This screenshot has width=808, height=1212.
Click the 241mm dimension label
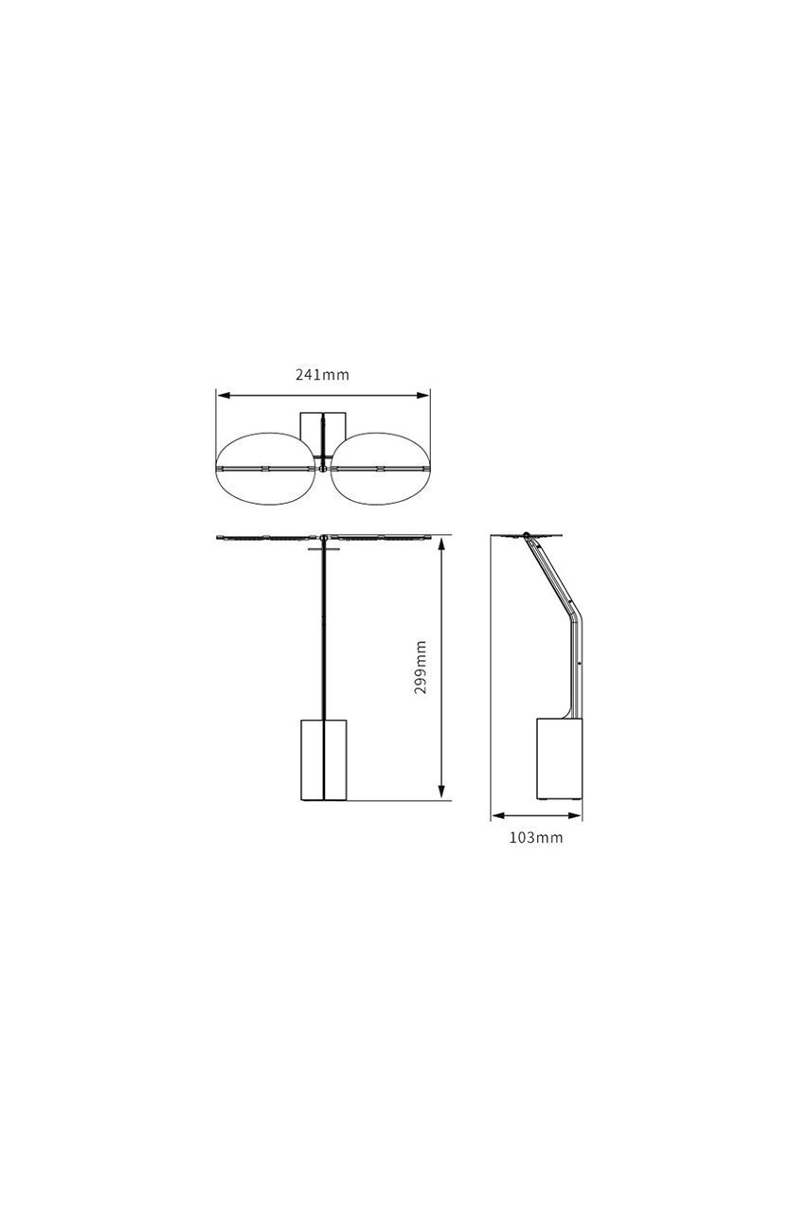click(322, 374)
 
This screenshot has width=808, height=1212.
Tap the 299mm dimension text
click(421, 668)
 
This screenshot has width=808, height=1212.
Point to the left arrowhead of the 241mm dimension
click(224, 396)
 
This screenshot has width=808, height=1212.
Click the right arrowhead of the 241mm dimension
click(422, 396)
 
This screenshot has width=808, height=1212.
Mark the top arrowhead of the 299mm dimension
click(441, 544)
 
